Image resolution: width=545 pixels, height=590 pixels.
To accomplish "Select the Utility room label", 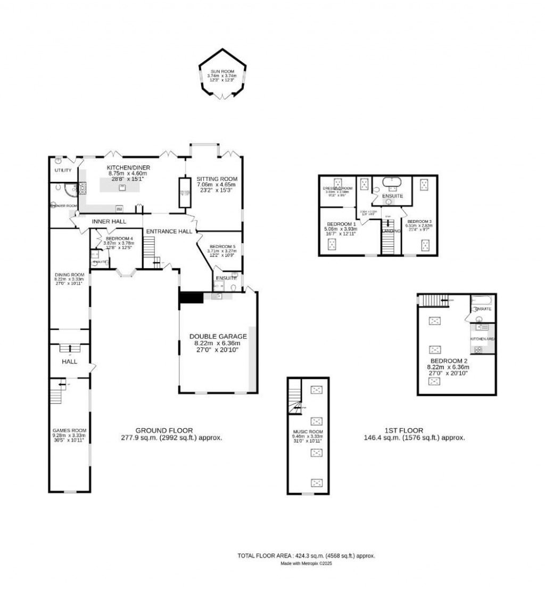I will point(63,170).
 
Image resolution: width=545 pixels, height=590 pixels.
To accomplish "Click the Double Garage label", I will point(218,336).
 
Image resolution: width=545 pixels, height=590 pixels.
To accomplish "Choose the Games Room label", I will point(69,430).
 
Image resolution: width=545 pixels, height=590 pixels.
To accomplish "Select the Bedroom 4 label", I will point(119,238).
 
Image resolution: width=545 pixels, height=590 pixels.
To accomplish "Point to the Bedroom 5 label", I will point(222,247).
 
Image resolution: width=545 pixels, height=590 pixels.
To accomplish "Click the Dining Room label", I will point(67,274).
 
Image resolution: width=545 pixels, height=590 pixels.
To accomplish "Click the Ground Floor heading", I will point(164,430).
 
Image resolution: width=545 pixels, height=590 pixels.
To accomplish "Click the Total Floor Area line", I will point(306,555).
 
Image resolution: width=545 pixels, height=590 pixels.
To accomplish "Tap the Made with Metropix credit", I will point(306,563).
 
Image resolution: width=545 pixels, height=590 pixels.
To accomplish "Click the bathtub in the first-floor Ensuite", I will point(394,181).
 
